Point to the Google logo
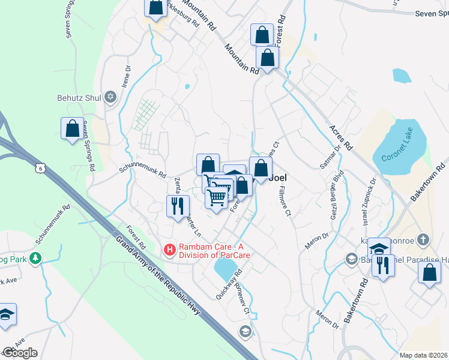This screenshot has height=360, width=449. point(20,353)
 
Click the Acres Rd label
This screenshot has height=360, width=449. point(340,139)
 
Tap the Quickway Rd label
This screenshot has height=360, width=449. point(229,285)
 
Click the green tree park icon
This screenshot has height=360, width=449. point(35,258)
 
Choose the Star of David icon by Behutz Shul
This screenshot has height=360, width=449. point(110,97)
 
